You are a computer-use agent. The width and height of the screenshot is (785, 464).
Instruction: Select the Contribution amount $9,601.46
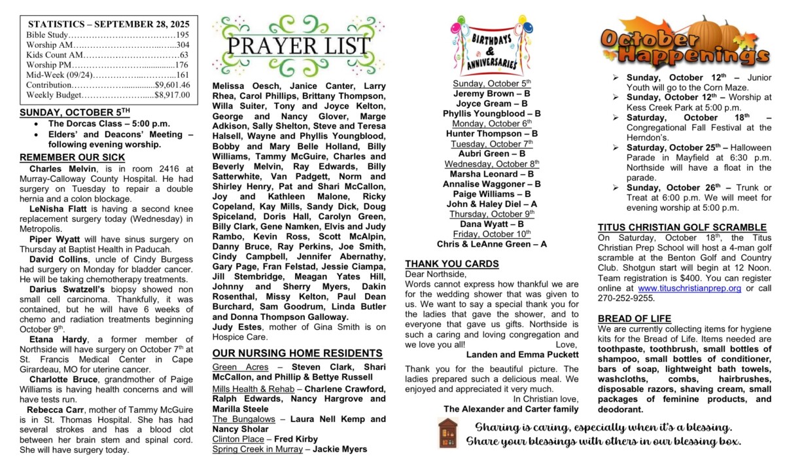172,84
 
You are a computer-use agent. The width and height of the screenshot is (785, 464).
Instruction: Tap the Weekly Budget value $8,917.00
172,95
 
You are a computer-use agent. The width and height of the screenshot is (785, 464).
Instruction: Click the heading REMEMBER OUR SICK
72,158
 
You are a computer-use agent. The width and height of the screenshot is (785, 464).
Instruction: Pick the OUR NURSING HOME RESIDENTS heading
297,353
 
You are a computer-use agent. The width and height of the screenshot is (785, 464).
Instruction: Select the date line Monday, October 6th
492,123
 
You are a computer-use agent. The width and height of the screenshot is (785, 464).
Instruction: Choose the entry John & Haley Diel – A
492,204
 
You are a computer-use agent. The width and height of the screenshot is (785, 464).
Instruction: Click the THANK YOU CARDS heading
451,264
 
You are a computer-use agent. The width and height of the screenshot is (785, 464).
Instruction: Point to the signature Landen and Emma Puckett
522,355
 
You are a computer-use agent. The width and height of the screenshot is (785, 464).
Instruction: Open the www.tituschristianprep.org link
689,288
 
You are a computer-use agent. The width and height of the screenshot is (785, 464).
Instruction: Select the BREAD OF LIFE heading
634,319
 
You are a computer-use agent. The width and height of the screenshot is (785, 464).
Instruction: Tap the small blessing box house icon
448,433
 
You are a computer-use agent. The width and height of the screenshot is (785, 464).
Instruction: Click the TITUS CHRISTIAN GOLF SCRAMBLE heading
682,228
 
